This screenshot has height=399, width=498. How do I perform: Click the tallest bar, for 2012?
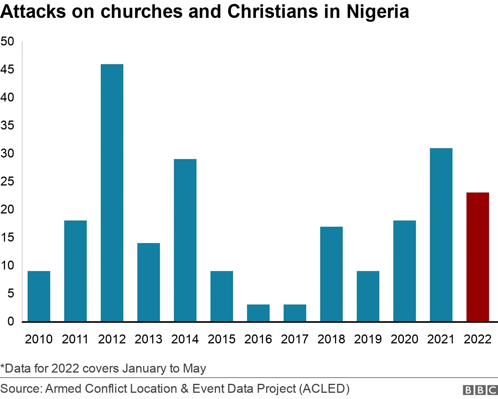(112, 192)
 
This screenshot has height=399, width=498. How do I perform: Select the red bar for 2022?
(477, 257)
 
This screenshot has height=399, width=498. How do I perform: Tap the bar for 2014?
(185, 240)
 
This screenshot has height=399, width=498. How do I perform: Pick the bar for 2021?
(441, 234)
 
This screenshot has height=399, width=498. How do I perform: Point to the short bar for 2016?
(258, 313)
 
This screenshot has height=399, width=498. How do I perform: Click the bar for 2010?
(39, 296)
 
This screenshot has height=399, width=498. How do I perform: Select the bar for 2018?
(331, 274)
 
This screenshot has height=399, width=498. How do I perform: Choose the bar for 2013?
(149, 282)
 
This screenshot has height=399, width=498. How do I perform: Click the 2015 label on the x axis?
(221, 339)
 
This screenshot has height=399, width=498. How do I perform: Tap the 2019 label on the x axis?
(368, 339)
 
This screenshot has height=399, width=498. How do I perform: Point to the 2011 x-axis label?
(75, 339)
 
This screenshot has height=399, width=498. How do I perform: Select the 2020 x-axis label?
(404, 339)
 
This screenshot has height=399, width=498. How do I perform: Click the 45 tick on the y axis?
(7, 70)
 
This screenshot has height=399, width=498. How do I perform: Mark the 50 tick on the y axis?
(7, 42)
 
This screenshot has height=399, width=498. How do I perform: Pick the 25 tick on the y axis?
(7, 182)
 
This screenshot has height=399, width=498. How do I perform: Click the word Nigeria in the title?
(378, 12)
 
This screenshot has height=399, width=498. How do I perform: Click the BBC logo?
(480, 390)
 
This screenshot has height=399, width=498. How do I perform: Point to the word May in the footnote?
(194, 368)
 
